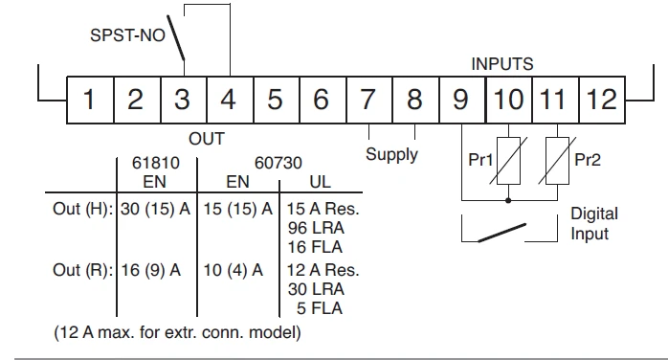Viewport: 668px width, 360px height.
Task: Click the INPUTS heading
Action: pyautogui.click(x=501, y=65)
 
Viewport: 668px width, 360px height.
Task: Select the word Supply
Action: pyautogui.click(x=391, y=154)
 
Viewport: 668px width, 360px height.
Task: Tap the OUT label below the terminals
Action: pyautogui.click(x=206, y=139)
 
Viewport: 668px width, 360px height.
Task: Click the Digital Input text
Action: pyautogui.click(x=594, y=222)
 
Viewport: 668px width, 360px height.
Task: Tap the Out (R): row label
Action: pyautogui.click(x=83, y=271)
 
